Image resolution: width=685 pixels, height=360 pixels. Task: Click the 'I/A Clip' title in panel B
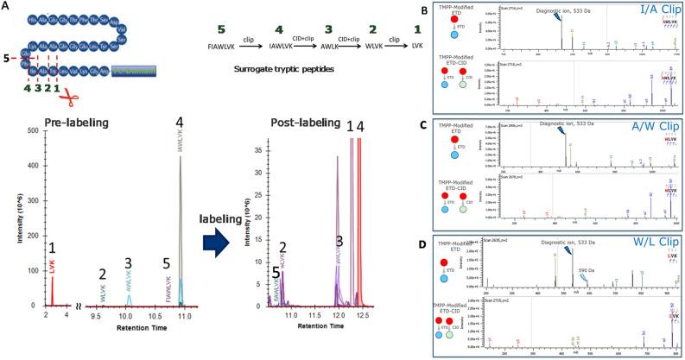click(x=644, y=10)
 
